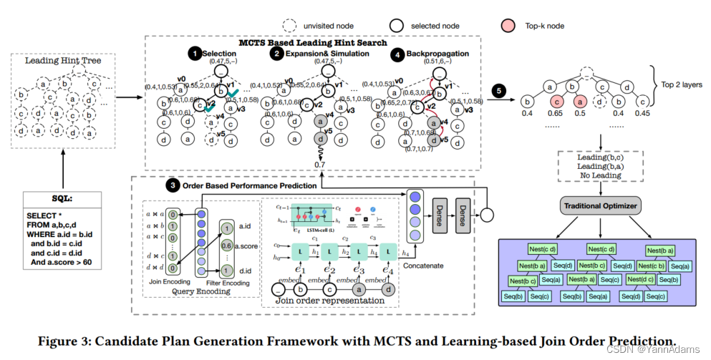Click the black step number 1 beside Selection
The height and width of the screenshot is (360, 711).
tap(194, 54)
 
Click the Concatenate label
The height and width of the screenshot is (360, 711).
tap(423, 266)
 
